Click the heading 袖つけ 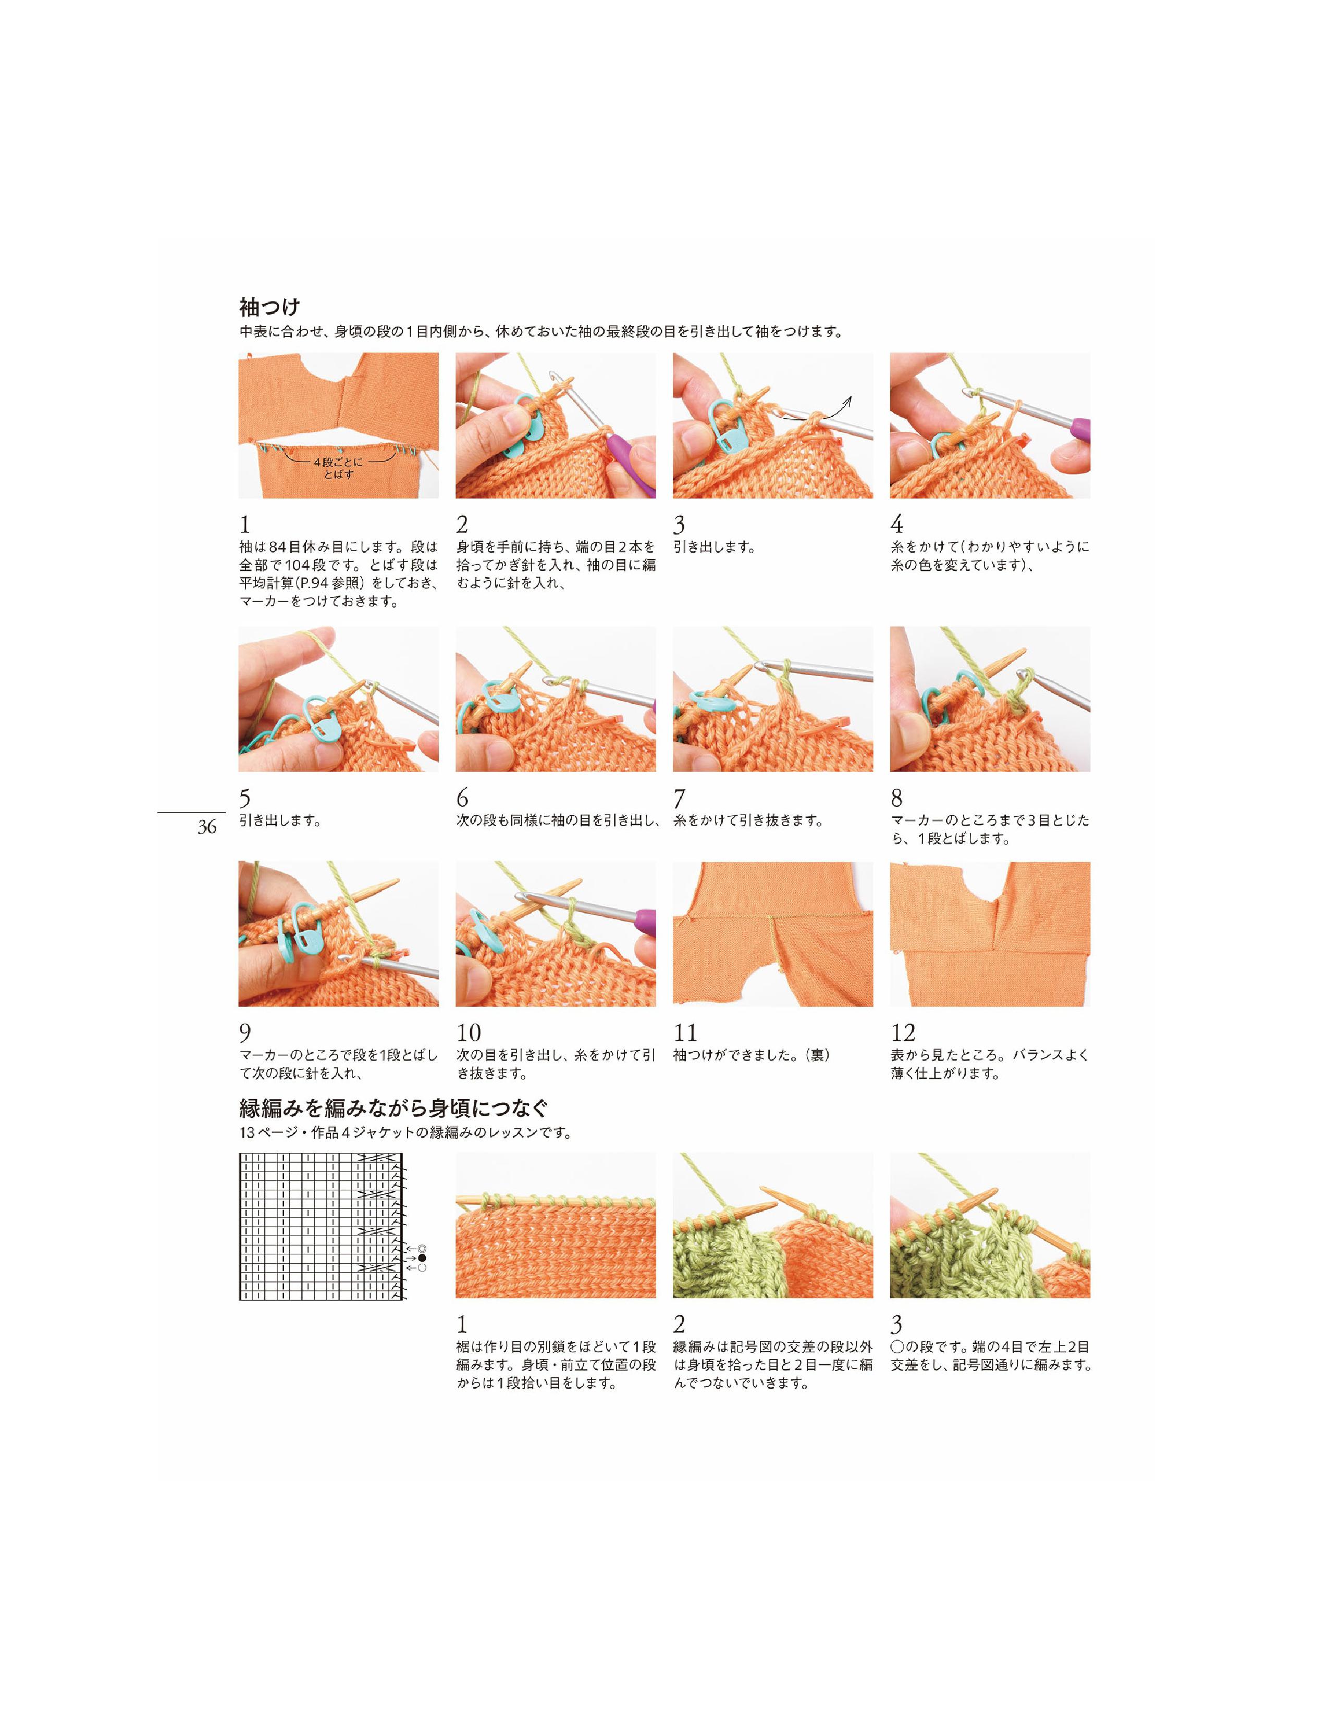270,306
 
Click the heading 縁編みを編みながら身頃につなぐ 393,1108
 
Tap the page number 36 207,827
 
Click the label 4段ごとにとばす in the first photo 339,468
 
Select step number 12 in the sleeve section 903,1032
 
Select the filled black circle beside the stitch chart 422,1258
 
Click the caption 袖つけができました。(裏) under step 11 752,1055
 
